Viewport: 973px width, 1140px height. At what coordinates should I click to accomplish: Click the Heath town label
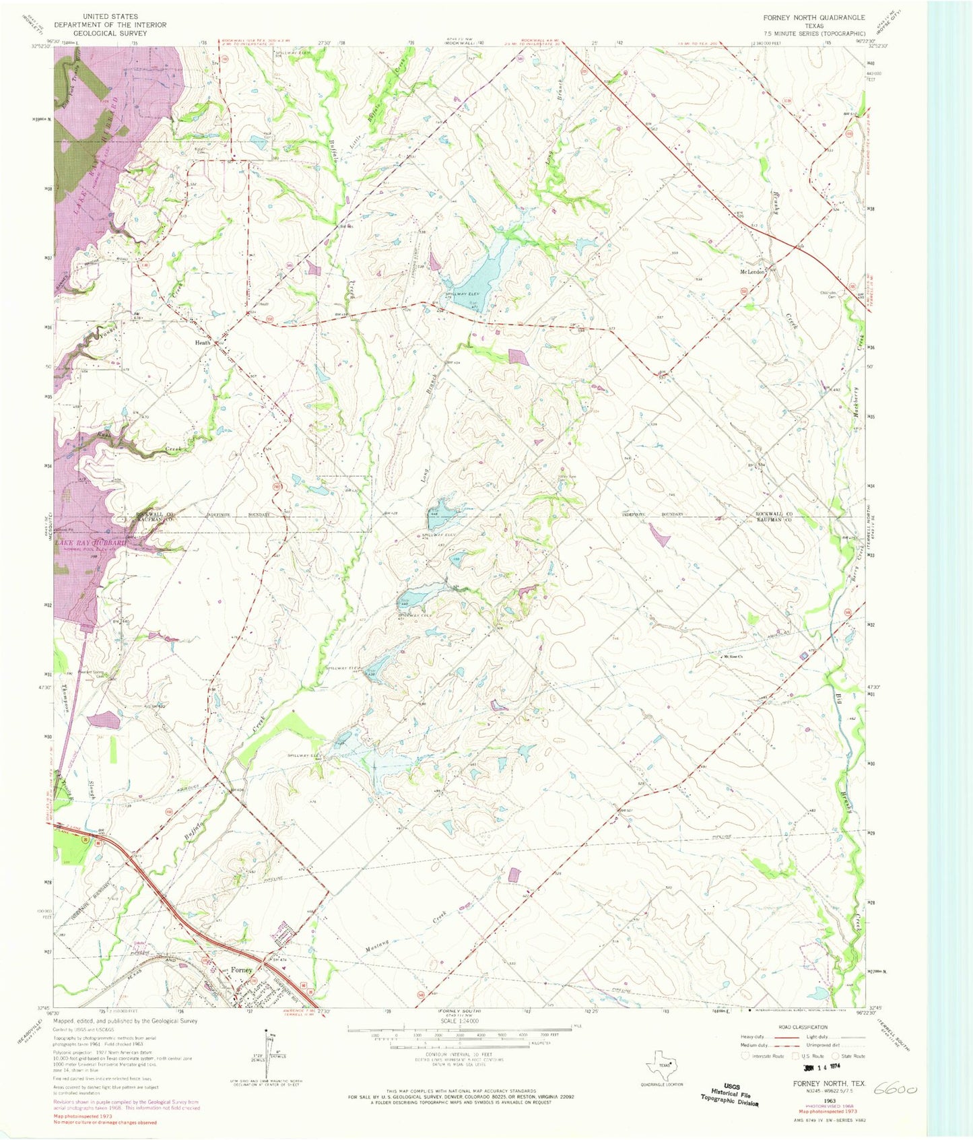click(x=202, y=343)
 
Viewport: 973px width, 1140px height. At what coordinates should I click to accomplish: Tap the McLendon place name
click(x=753, y=272)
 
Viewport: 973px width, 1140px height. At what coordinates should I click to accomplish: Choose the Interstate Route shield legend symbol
click(x=745, y=1057)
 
